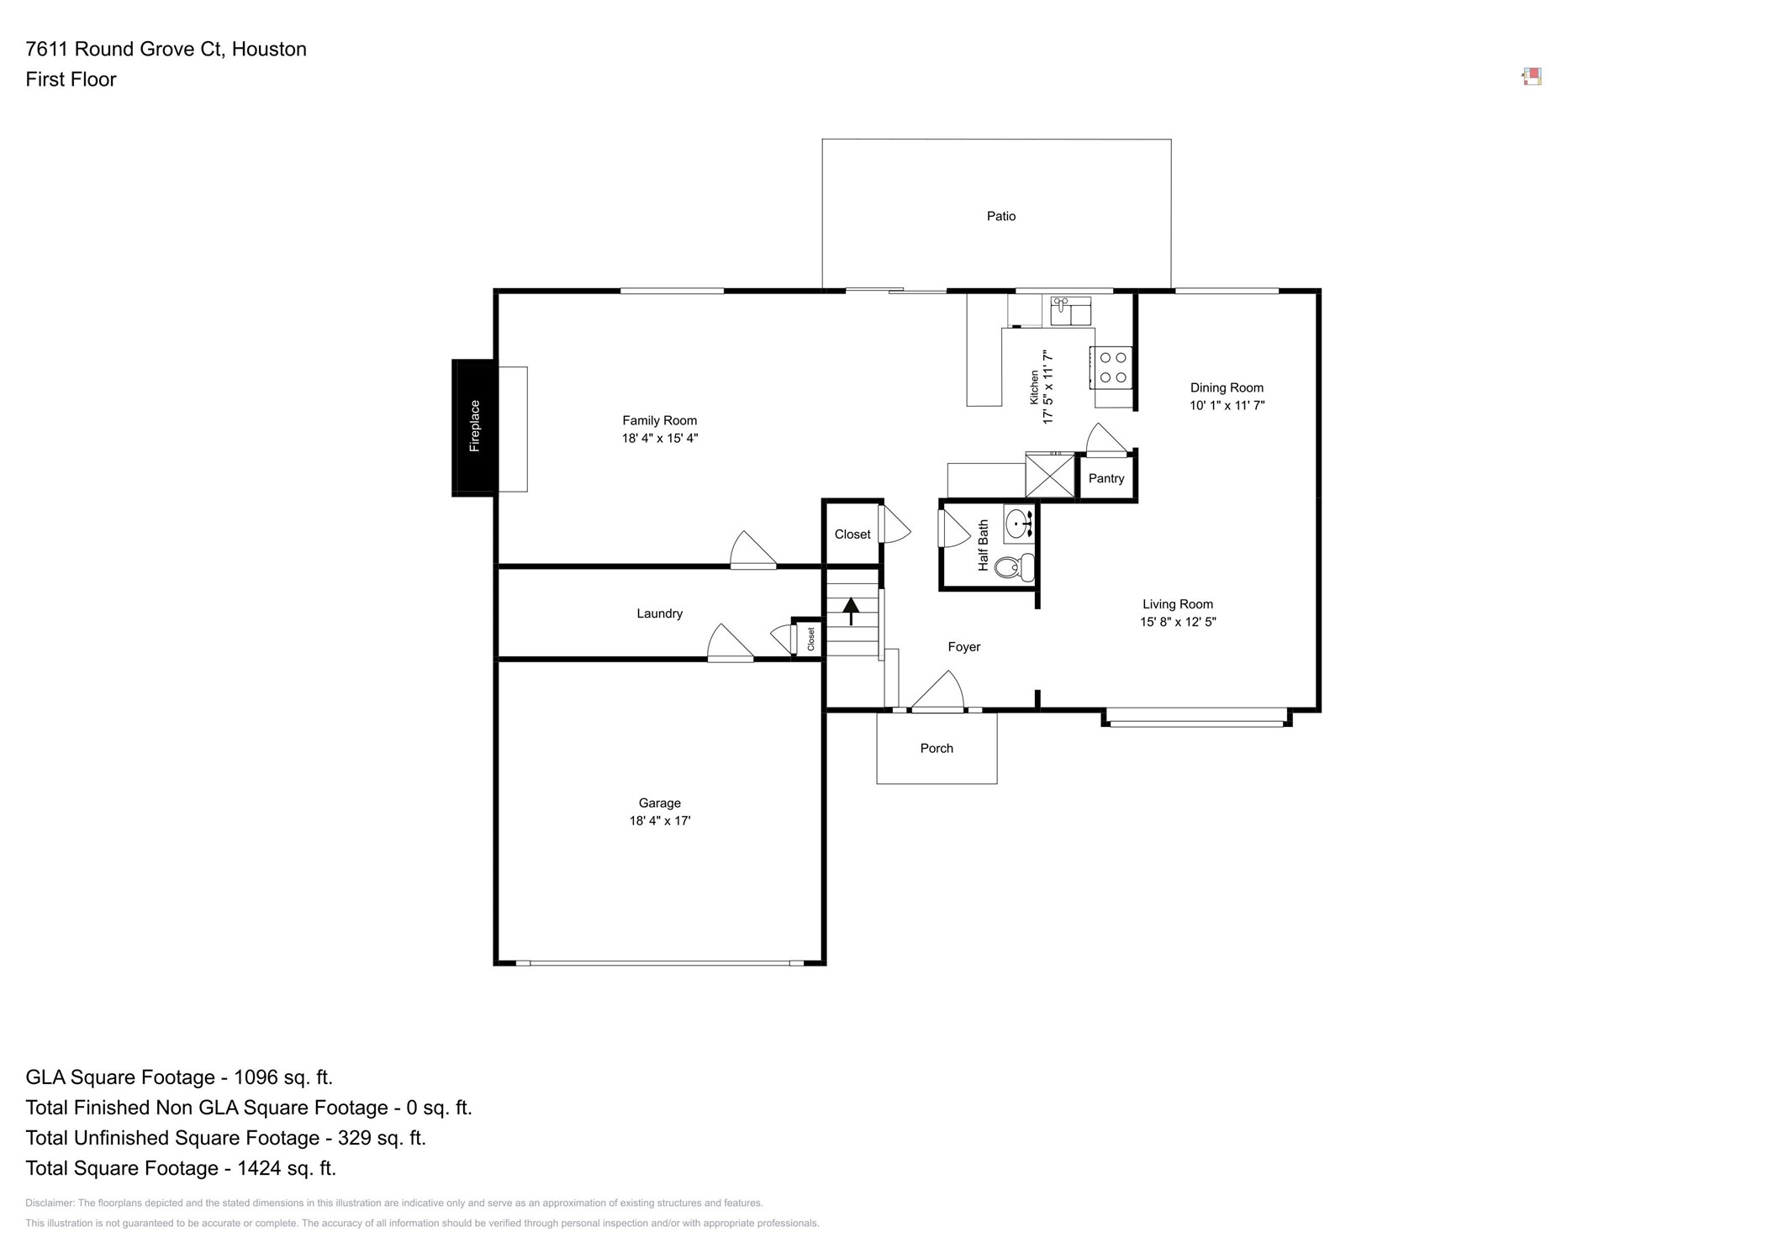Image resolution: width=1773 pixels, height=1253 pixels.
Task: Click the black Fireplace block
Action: coord(473,427)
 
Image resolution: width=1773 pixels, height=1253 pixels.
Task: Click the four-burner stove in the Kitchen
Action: coord(1112,368)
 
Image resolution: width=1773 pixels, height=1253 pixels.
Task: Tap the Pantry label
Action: coord(1105,478)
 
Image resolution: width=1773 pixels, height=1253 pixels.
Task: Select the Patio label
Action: coord(1000,216)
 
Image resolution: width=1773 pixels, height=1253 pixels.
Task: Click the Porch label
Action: coord(936,748)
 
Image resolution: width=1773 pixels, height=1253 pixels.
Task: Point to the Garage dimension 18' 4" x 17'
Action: coord(659,821)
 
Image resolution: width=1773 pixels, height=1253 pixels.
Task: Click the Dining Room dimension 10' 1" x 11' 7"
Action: coord(1226,405)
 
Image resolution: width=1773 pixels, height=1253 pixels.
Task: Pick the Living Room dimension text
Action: coord(1177,622)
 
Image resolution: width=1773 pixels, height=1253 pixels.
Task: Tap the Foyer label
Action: coord(963,646)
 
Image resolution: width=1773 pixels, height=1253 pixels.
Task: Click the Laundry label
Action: coord(659,613)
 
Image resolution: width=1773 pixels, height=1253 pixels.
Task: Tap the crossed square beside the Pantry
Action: coord(1050,476)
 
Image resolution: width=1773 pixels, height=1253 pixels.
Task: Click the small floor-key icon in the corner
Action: coord(1531,77)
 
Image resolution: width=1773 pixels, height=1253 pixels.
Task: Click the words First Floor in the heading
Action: coord(71,80)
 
